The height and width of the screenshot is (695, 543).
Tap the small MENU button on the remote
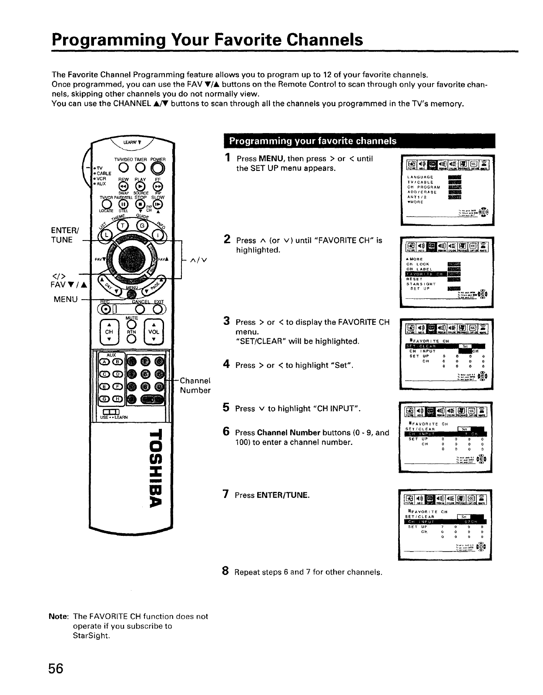[x=129, y=295]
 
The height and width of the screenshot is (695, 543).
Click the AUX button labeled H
[x=117, y=399]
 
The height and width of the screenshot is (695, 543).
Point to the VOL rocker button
[x=154, y=331]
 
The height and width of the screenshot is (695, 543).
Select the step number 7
[x=226, y=494]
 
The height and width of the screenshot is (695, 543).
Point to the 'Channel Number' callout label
[x=195, y=384]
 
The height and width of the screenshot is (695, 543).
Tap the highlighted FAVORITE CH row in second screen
[x=424, y=274]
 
